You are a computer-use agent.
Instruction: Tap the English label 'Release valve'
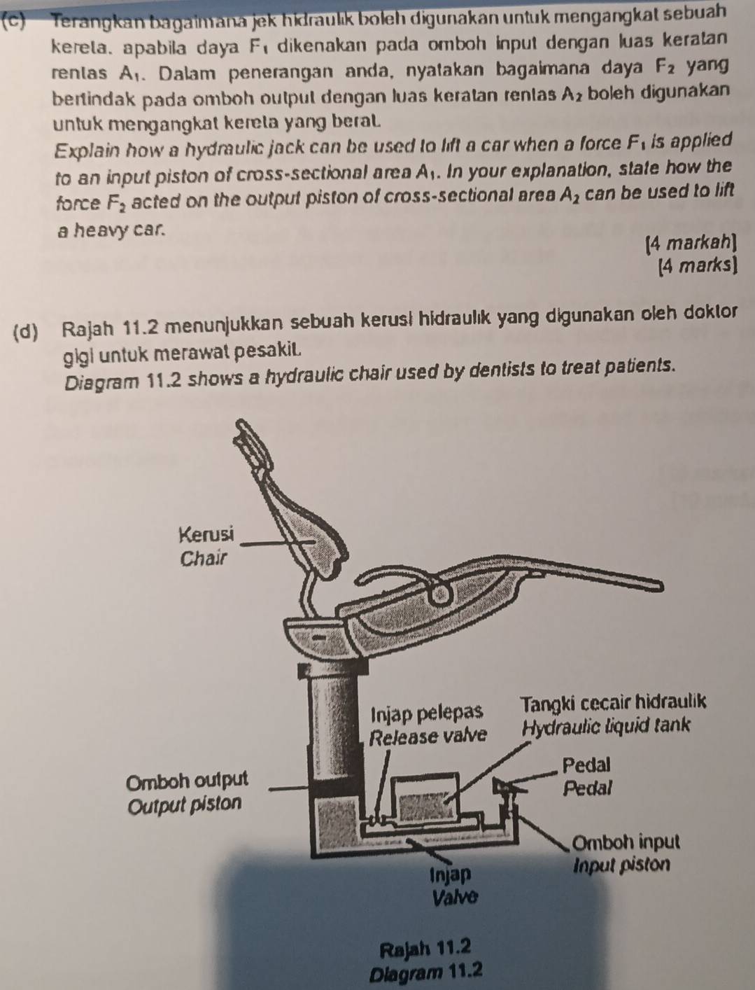click(428, 737)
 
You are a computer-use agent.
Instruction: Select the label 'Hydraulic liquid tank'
click(606, 727)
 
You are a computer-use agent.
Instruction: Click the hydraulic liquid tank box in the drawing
click(425, 797)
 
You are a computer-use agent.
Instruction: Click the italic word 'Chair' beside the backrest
click(202, 559)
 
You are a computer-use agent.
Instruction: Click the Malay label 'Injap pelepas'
click(426, 713)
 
